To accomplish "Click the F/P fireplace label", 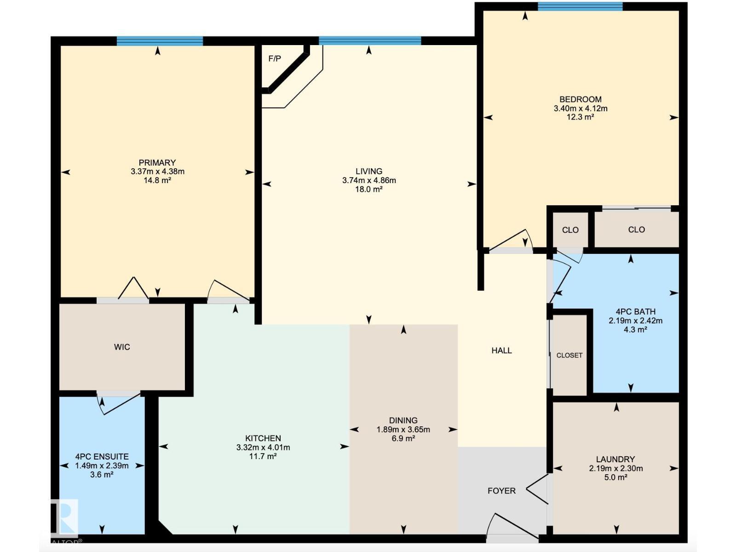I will pyautogui.click(x=275, y=59).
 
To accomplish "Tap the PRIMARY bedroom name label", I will pyautogui.click(x=157, y=162).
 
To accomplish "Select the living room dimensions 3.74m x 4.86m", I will pyautogui.click(x=369, y=180).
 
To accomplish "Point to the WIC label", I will pyautogui.click(x=122, y=347).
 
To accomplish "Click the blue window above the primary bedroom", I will pyautogui.click(x=160, y=41).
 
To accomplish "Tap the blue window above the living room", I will pyautogui.click(x=370, y=41).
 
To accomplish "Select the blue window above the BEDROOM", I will pyautogui.click(x=580, y=6).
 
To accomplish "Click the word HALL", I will pyautogui.click(x=501, y=351).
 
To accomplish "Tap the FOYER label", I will pyautogui.click(x=501, y=491).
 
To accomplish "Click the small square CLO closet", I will pyautogui.click(x=570, y=230).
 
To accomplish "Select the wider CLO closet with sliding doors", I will pyautogui.click(x=636, y=229).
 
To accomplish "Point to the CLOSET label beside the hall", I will pyautogui.click(x=569, y=355).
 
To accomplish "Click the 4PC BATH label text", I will pyautogui.click(x=635, y=311).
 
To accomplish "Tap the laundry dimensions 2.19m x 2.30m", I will pyautogui.click(x=615, y=468).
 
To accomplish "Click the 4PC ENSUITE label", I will pyautogui.click(x=102, y=456).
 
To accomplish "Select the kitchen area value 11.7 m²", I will pyautogui.click(x=263, y=456).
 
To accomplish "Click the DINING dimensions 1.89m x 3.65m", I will pyautogui.click(x=403, y=430).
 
